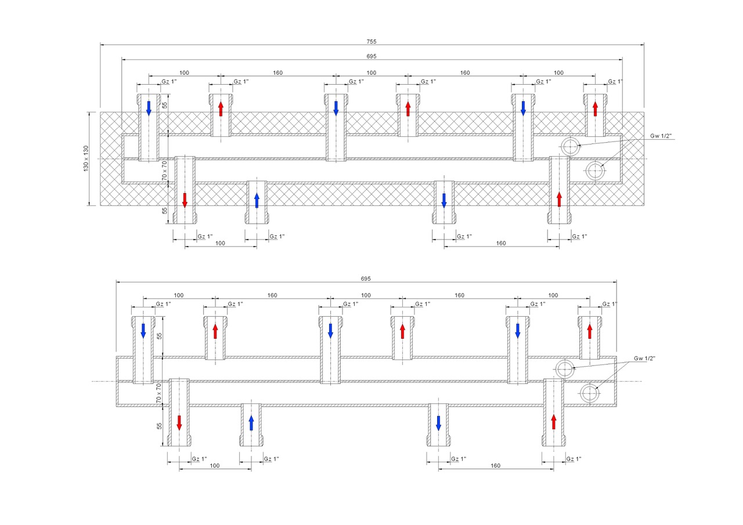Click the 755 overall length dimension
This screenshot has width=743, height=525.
(371, 42)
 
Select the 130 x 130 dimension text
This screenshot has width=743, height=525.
(86, 158)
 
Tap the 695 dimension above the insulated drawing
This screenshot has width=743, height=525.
(371, 56)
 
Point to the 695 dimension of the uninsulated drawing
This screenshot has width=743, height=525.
(366, 279)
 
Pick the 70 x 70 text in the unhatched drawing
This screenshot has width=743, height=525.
(158, 393)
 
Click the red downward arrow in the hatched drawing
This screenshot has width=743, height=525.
(185, 199)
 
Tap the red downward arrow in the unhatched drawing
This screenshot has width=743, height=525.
(179, 422)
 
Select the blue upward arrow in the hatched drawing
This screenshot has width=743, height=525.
(257, 200)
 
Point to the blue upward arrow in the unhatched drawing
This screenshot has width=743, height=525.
(251, 423)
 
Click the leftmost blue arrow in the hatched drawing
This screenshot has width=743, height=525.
(149, 107)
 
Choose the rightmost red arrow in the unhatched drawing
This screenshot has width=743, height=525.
(590, 331)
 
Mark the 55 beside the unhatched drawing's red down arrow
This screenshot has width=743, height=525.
(158, 426)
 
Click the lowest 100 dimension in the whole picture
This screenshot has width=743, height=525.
(215, 465)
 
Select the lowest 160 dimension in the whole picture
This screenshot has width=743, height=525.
(495, 465)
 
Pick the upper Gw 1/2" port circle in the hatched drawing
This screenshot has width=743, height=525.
(571, 147)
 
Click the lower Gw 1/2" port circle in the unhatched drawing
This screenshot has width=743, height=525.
(590, 393)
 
